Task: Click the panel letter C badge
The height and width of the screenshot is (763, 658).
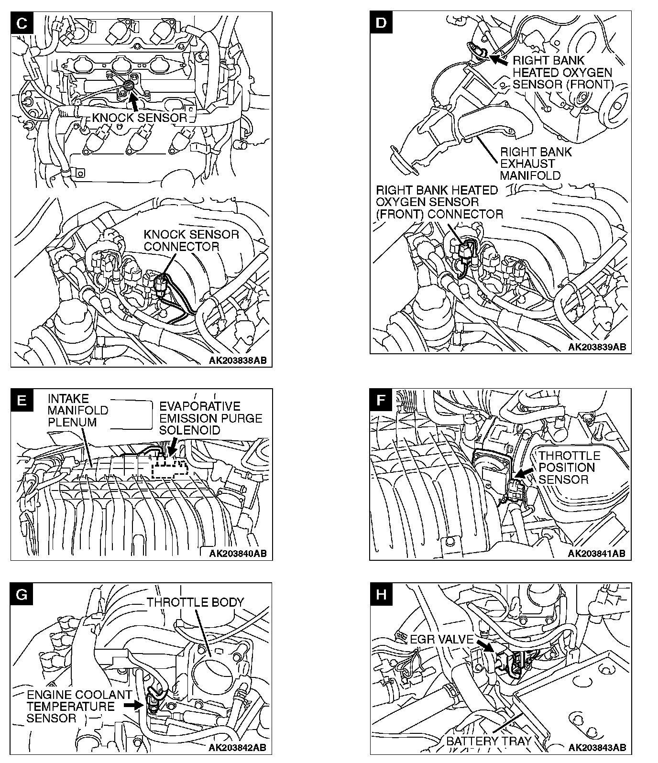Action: coord(22,24)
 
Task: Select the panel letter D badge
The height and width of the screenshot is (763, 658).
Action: coord(381,22)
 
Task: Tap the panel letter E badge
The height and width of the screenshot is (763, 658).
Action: coord(22,400)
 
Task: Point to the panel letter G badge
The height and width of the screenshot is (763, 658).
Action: coord(22,594)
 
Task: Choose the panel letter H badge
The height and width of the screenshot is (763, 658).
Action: coord(381,594)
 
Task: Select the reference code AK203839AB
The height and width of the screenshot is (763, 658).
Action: coord(597,347)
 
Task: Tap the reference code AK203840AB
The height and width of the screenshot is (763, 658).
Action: coord(238,554)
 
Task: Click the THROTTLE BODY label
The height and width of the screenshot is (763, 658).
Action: coord(195,602)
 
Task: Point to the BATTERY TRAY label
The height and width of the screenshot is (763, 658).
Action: coord(488,741)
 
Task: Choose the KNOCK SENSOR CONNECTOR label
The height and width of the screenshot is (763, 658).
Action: coord(191,240)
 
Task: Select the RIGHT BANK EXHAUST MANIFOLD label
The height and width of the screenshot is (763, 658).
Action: coord(536,163)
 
